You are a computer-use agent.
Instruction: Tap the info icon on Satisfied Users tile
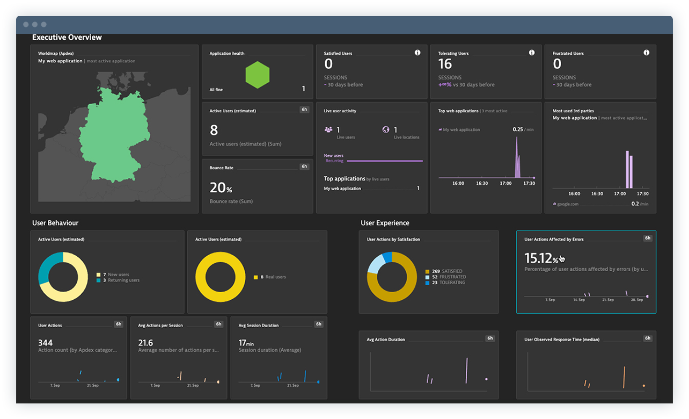(x=417, y=53)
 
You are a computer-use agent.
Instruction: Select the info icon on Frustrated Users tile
(x=646, y=53)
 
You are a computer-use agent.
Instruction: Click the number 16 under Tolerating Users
(x=445, y=64)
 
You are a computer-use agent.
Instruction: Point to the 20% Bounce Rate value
(x=221, y=188)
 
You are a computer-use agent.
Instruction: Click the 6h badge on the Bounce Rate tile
(x=304, y=167)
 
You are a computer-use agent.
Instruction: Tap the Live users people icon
(x=328, y=130)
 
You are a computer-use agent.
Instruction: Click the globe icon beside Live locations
(x=386, y=130)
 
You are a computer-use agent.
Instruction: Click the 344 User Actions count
(x=46, y=343)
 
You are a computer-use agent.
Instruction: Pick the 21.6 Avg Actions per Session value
(x=145, y=343)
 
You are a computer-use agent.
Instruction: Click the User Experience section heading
(x=385, y=223)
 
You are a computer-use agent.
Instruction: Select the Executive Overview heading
(x=67, y=38)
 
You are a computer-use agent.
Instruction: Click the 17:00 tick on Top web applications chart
(x=505, y=183)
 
